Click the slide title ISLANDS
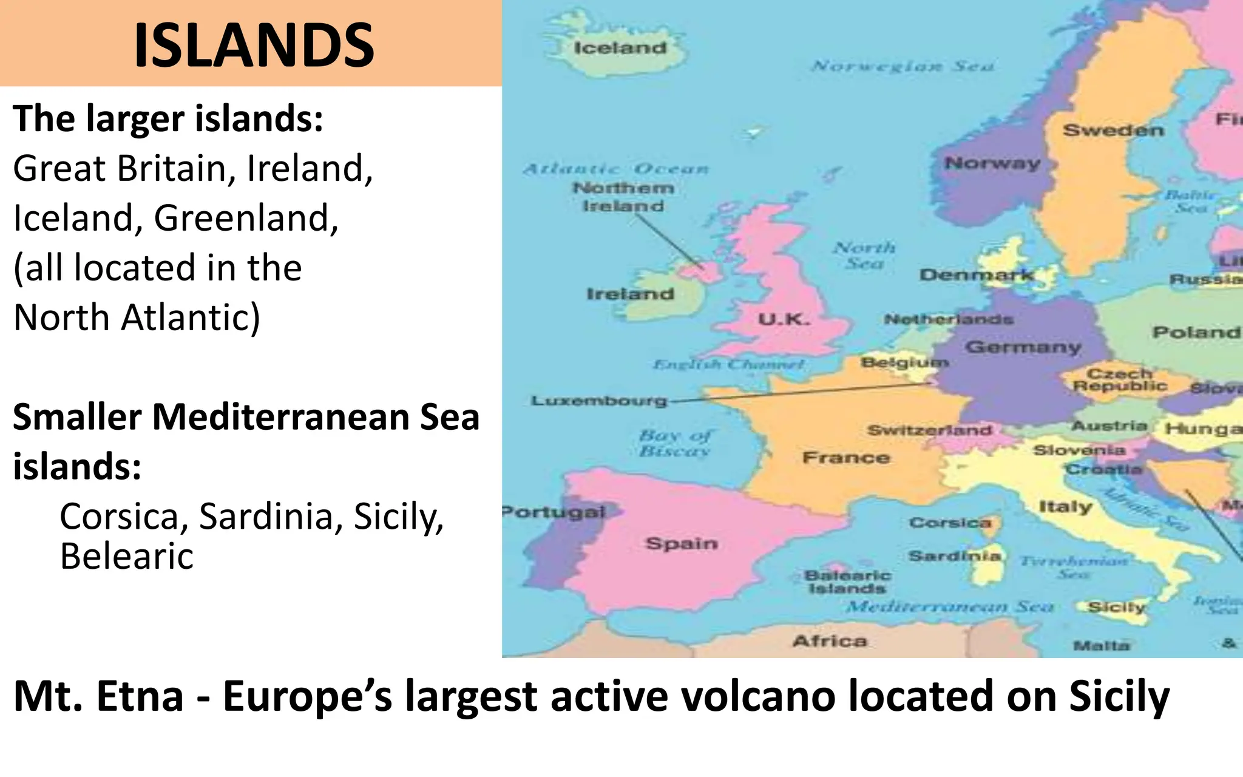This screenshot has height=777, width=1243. click(254, 45)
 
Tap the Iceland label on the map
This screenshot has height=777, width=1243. click(620, 48)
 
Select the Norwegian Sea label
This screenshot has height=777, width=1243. click(902, 66)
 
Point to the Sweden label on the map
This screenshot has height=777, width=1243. click(1114, 130)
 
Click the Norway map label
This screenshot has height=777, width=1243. click(992, 163)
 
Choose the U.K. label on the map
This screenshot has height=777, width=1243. click(784, 319)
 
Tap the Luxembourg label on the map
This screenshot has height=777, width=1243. click(599, 401)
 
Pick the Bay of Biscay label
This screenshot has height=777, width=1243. click(674, 443)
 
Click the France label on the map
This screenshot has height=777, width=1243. click(845, 458)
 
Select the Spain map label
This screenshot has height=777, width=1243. click(681, 543)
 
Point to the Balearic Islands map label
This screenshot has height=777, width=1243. click(847, 582)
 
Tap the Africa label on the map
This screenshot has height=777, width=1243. click(830, 641)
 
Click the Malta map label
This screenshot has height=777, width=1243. click(1101, 646)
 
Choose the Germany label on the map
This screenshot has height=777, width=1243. click(1023, 347)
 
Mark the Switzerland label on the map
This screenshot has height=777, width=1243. click(929, 430)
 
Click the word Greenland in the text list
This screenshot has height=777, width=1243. click(246, 218)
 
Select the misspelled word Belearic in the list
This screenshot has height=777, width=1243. click(126, 556)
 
